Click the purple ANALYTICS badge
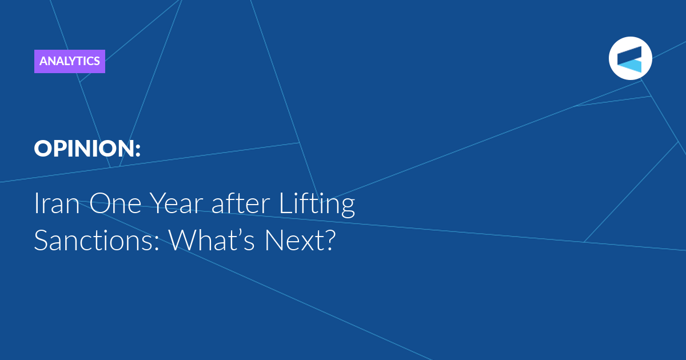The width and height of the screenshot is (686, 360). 70,61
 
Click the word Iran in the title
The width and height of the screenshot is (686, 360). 57,203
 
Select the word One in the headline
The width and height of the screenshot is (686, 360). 115,203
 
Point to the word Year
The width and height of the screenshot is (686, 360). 177,203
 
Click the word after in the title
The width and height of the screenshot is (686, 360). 241,203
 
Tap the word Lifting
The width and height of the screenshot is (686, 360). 317,204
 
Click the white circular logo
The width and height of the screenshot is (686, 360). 630,58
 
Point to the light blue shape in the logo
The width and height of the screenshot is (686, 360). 631,66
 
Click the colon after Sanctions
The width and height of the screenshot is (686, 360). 157,243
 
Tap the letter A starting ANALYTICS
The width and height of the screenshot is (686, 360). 44,61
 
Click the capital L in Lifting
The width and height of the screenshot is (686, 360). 286,203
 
